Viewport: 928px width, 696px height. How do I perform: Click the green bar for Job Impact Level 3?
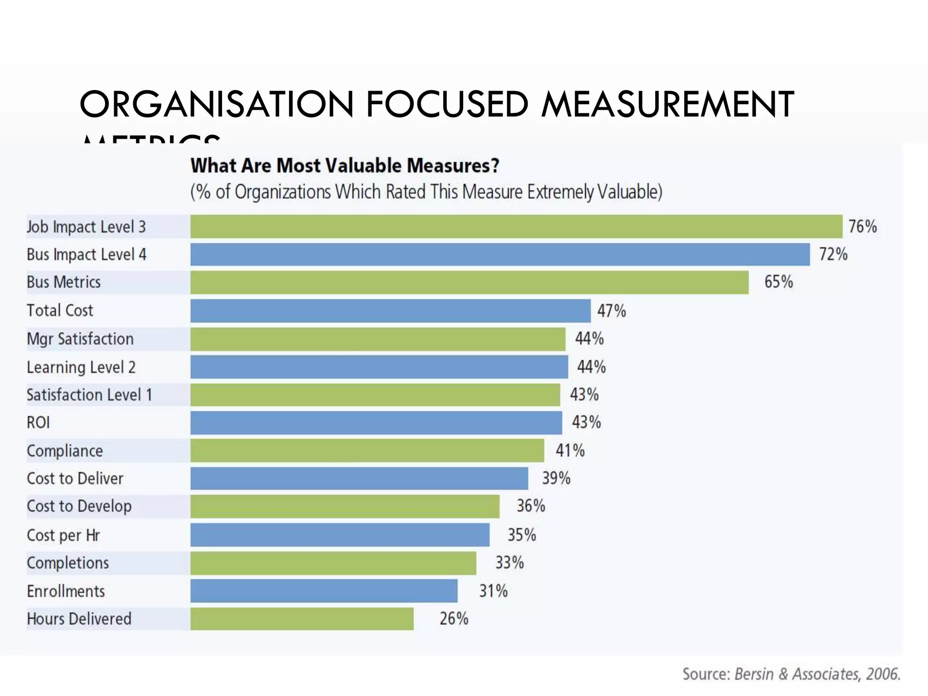click(x=516, y=227)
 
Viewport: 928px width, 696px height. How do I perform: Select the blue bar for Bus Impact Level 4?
click(x=500, y=255)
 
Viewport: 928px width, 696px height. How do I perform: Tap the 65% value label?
click(x=778, y=282)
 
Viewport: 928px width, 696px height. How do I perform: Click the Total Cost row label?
click(x=60, y=311)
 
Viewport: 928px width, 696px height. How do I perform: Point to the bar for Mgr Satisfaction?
click(x=378, y=339)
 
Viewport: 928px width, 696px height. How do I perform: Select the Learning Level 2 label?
click(x=81, y=367)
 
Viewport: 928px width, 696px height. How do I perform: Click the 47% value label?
click(x=611, y=311)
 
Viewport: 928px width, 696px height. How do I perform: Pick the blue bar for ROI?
click(x=376, y=423)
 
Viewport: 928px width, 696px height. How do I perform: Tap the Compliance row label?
click(x=65, y=451)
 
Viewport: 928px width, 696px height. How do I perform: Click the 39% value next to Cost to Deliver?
click(x=556, y=478)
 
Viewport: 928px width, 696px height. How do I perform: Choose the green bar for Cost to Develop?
click(x=345, y=507)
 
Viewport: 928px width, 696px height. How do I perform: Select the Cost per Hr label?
click(x=63, y=535)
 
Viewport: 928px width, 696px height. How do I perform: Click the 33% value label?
click(x=509, y=563)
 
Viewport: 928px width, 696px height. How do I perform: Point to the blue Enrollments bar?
click(x=324, y=591)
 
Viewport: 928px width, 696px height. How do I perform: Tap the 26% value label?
click(x=454, y=619)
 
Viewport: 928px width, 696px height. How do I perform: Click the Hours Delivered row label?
click(x=79, y=619)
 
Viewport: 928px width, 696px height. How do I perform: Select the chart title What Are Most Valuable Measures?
click(x=345, y=166)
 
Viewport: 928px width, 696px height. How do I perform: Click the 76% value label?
click(x=862, y=227)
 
